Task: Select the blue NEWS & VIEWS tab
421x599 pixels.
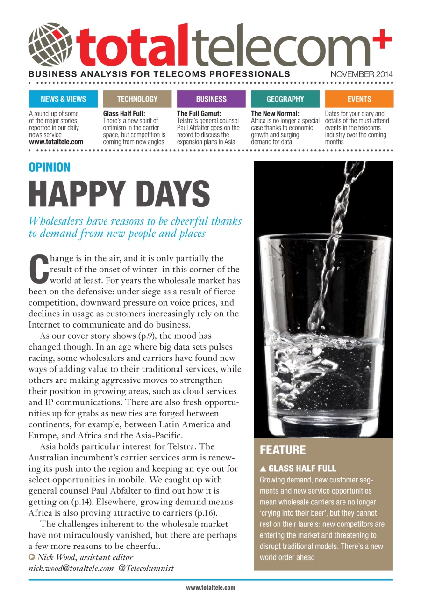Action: click(x=63, y=99)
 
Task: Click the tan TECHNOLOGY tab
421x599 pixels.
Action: click(x=137, y=99)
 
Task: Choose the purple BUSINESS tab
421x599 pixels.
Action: click(x=211, y=99)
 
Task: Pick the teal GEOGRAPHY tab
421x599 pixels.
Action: click(x=285, y=99)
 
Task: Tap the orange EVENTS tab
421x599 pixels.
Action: click(x=359, y=99)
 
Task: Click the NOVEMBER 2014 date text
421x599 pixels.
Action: click(x=362, y=74)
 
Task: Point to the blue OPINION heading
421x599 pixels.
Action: click(x=50, y=168)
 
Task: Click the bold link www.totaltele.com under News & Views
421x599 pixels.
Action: click(x=56, y=142)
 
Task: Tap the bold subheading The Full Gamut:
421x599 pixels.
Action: click(x=199, y=114)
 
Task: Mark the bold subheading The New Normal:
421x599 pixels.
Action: click(x=275, y=114)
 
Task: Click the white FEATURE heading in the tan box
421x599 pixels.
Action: click(x=283, y=450)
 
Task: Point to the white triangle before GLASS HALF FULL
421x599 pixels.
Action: click(x=263, y=468)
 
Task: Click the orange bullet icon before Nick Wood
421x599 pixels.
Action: click(x=32, y=557)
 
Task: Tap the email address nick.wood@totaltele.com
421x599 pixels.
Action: click(x=71, y=568)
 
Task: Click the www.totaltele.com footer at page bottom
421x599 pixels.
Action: click(x=210, y=588)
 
